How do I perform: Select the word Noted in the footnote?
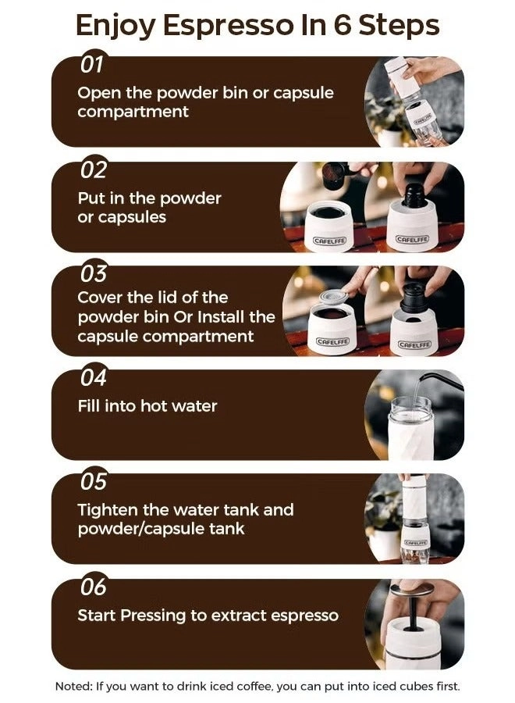click(x=73, y=687)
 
